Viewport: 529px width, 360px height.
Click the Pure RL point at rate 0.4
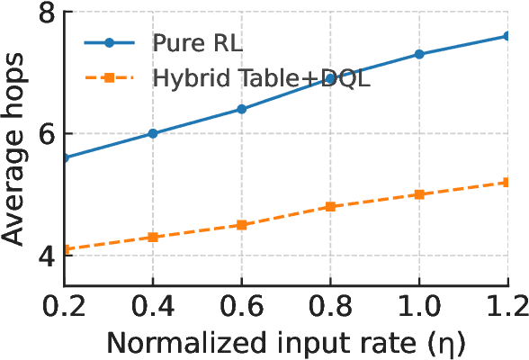[153, 133]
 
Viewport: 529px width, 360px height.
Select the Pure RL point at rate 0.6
[241, 109]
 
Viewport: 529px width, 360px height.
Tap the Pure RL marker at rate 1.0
[418, 54]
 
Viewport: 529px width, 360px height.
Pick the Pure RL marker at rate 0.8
[330, 79]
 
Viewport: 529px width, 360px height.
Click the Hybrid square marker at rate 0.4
[153, 237]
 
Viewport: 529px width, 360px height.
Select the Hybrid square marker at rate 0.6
[241, 225]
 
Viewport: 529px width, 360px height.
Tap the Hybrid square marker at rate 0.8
[330, 206]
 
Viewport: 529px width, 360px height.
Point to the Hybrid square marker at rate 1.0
[418, 194]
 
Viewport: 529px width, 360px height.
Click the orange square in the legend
[108, 78]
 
